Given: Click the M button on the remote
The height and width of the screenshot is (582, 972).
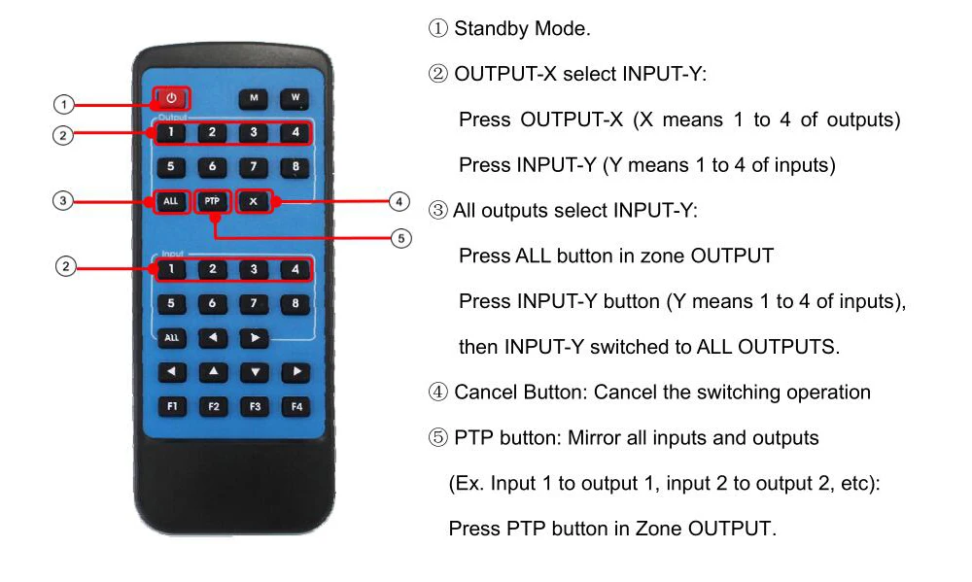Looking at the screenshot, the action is point(253,98).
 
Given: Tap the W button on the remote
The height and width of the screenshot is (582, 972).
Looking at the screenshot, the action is point(295,98).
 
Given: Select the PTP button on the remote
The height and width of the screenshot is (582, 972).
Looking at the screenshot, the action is point(212,201).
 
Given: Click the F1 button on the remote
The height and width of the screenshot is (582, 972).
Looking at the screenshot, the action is point(172,406).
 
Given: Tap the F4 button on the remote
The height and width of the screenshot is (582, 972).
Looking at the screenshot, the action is point(296,407).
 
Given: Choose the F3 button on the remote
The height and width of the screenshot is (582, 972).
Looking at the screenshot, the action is point(255,407).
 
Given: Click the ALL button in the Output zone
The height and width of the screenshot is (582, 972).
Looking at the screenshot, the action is point(170,201).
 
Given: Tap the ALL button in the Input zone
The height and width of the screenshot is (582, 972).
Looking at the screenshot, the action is point(172,338).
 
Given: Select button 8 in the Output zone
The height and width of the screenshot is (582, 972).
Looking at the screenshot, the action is point(295,167).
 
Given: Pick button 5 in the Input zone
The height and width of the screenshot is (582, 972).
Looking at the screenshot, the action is point(171,304).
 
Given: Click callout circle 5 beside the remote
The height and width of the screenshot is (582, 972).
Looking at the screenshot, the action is point(401,239).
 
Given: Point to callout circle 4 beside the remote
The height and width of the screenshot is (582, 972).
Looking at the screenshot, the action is point(399,201).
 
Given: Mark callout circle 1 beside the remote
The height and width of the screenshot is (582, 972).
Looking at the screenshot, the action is point(63,104).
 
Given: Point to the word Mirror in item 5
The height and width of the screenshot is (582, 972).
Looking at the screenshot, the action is point(594,437).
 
